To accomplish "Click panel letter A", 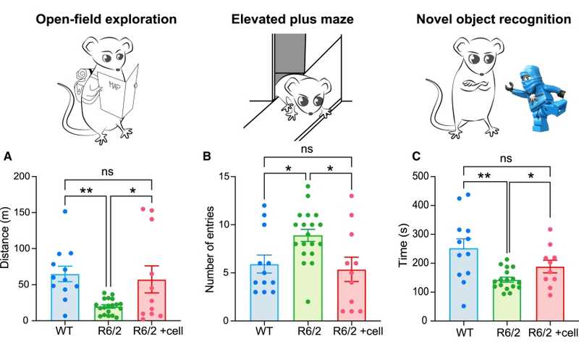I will tap(8, 156).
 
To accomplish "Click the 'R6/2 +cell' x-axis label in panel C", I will tap(550, 332).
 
